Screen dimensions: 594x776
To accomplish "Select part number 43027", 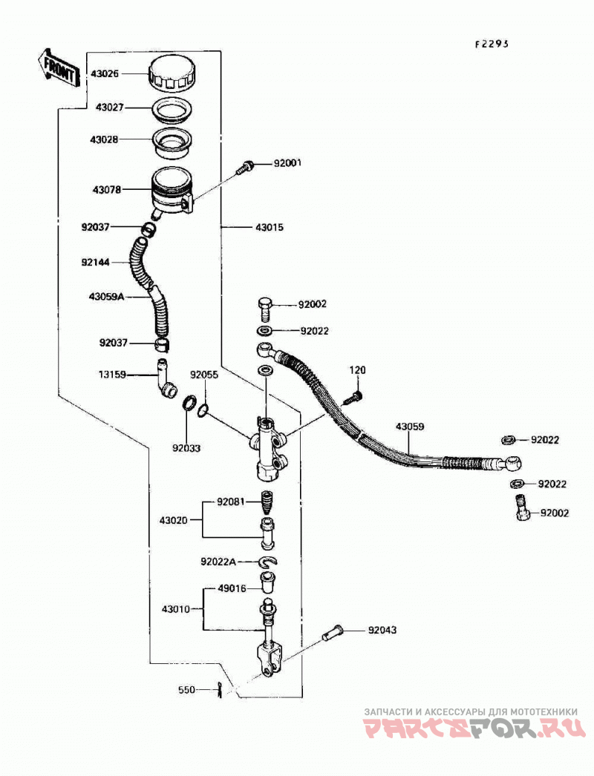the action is coord(109,108).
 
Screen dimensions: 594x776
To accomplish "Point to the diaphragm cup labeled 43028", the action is coord(172,143).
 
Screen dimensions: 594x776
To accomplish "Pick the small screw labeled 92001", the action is coord(246,167).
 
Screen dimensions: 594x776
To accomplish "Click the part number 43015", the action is coord(270,228).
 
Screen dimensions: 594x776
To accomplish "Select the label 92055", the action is coord(204,375).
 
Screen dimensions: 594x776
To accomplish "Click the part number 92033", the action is coord(186,448).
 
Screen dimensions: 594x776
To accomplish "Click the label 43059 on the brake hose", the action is coord(410,427).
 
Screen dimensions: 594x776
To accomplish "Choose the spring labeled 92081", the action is coord(268,503).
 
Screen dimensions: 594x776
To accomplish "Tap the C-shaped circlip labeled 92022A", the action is coord(268,561).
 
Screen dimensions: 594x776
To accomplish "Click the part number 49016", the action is coord(232,589).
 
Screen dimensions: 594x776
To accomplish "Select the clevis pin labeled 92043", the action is coord(332,633).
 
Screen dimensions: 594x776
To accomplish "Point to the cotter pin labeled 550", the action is coord(220,690).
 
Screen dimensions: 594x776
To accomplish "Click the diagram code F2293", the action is coord(492,44).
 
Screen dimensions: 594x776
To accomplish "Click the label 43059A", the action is coord(106,297).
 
